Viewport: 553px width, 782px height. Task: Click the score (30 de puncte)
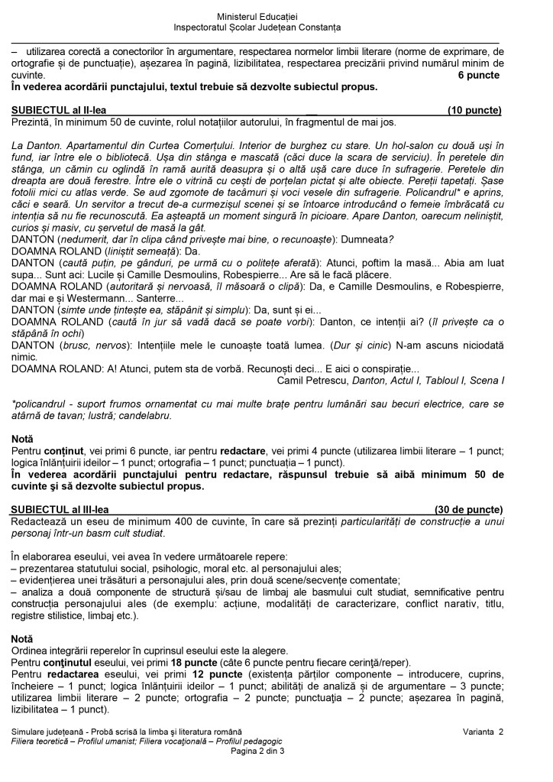point(469,509)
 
